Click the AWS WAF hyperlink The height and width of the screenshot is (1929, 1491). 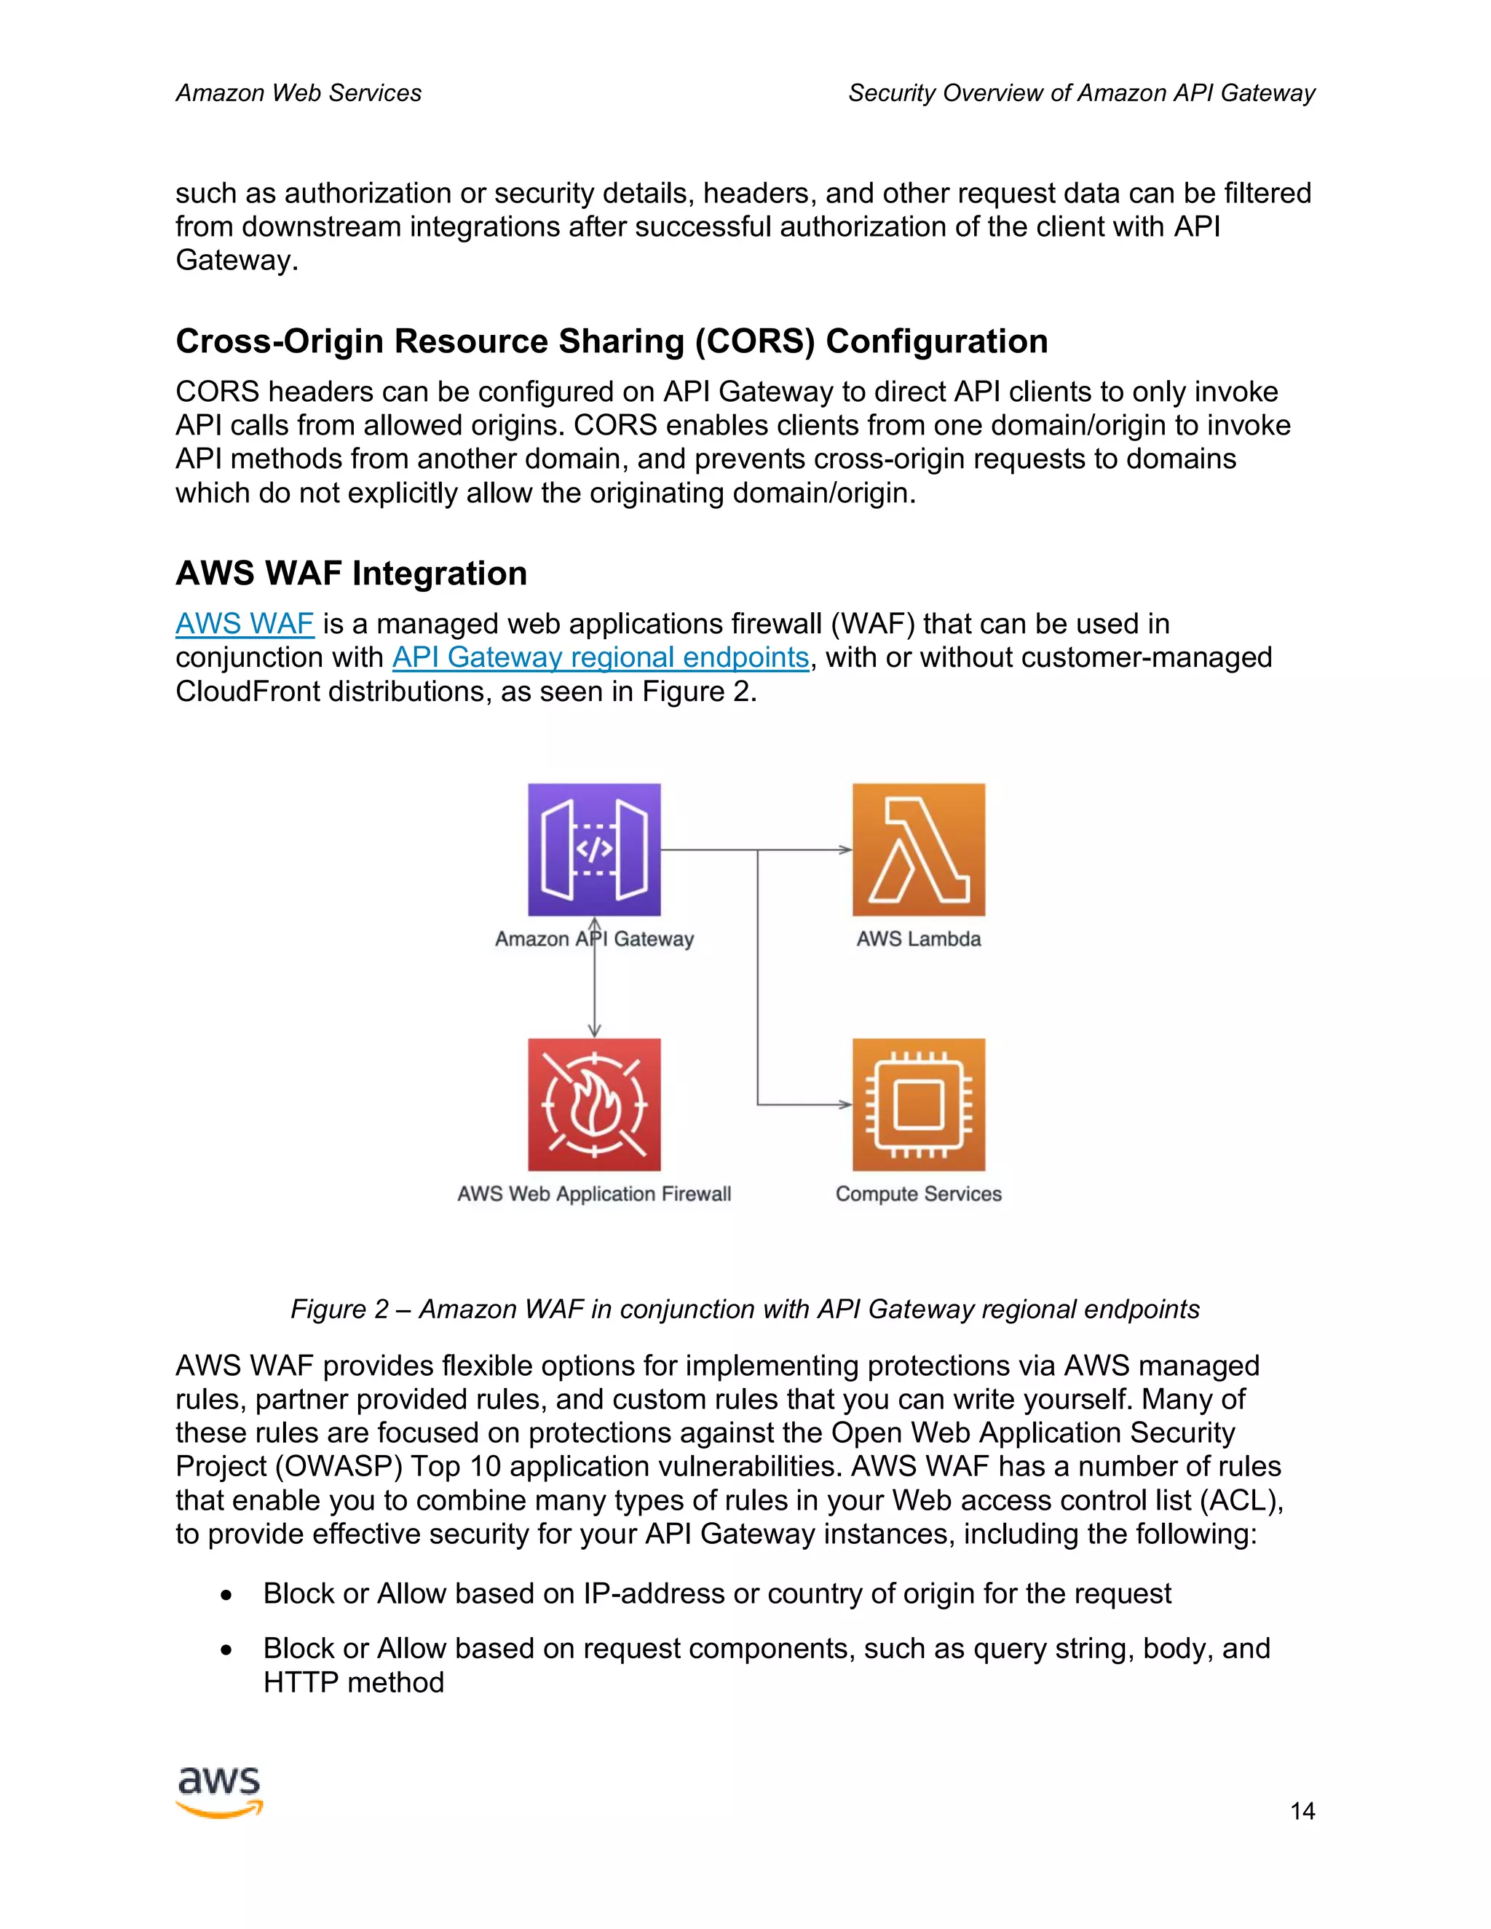pyautogui.click(x=245, y=624)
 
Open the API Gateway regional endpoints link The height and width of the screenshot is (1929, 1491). pyautogui.click(x=601, y=657)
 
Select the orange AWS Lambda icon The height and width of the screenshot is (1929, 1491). pyautogui.click(x=919, y=849)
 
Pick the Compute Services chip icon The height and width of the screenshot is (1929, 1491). pyautogui.click(x=919, y=1104)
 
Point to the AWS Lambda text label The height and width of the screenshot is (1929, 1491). pyautogui.click(x=919, y=939)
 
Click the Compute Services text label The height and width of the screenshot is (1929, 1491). pyautogui.click(x=919, y=1194)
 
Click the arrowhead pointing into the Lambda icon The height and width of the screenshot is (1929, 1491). pyautogui.click(x=845, y=849)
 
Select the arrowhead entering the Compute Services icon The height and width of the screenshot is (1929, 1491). pyautogui.click(x=845, y=1104)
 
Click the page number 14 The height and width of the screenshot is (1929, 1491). pyautogui.click(x=1302, y=1812)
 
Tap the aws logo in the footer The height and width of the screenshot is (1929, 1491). pyautogui.click(x=220, y=1791)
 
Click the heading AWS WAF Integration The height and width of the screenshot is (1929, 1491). pyautogui.click(x=352, y=573)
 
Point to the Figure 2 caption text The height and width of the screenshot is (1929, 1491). pyautogui.click(x=745, y=1309)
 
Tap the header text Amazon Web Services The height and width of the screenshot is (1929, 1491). pyautogui.click(x=298, y=92)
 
